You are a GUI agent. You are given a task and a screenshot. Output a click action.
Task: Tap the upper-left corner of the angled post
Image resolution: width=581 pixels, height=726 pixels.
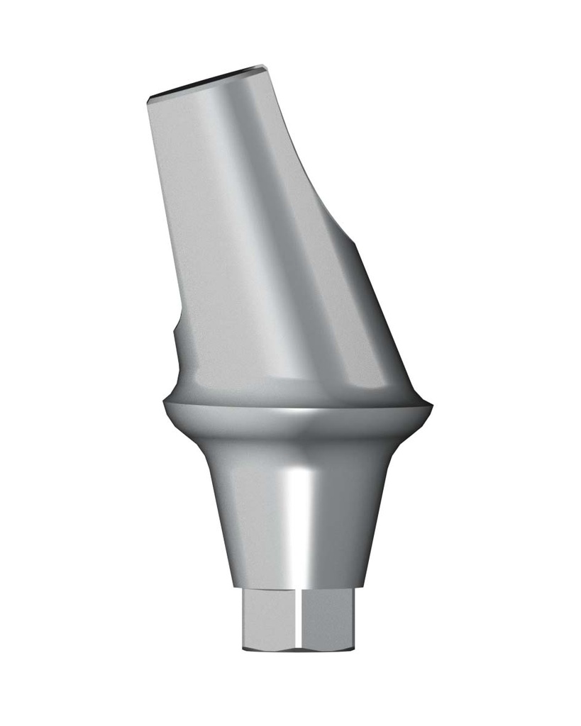point(148,98)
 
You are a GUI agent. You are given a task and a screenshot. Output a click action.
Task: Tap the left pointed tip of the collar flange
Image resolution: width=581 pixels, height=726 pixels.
point(164,406)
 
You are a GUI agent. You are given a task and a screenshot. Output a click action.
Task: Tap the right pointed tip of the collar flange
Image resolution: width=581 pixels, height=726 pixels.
point(431,406)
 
